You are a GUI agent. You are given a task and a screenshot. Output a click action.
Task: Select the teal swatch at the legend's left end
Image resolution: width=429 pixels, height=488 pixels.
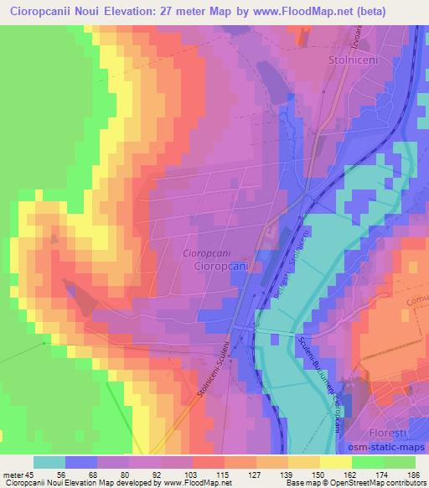49,461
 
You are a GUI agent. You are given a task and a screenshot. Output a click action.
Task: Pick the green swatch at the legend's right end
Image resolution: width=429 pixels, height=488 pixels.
399,461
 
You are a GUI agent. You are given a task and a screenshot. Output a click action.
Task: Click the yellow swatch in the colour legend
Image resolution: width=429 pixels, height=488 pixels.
335,461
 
